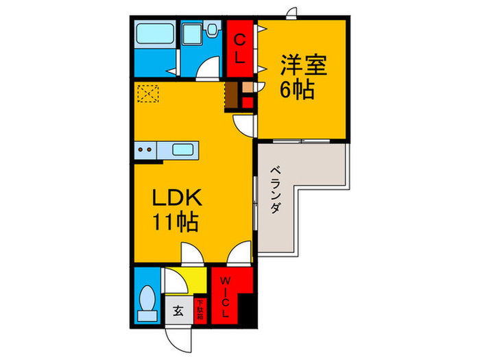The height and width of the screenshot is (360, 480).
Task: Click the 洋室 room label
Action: [x=302, y=66]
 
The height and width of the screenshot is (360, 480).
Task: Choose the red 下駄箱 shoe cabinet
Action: [x=200, y=310]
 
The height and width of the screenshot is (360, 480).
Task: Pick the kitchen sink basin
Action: [x=182, y=149]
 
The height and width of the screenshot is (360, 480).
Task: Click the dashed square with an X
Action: [x=147, y=93]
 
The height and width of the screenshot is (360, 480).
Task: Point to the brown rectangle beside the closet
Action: [x=232, y=95]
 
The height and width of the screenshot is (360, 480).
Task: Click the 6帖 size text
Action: [x=298, y=89]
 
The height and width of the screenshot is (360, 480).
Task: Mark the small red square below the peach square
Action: [x=247, y=103]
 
